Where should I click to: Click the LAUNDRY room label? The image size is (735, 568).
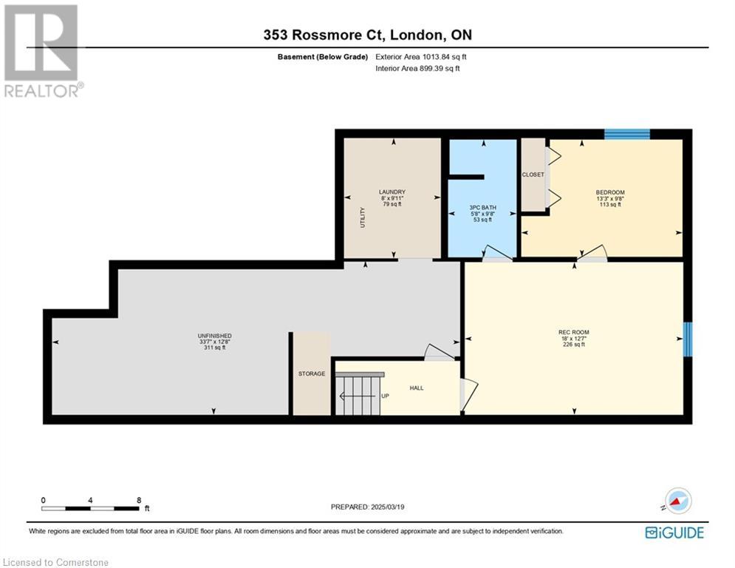pos(392,192)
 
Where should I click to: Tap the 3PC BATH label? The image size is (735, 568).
pos(483,208)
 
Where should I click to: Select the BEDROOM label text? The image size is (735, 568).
pos(610,192)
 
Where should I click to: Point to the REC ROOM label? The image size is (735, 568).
pos(574,332)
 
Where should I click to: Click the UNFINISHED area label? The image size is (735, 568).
pos(215,336)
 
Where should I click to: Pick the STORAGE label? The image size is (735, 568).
pos(312,373)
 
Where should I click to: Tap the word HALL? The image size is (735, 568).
pos(417,388)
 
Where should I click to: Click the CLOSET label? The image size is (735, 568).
pos(533,175)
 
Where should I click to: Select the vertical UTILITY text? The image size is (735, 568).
pos(363,217)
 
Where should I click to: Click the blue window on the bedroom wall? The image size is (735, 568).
pos(627,135)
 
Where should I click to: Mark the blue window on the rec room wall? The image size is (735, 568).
pos(688,339)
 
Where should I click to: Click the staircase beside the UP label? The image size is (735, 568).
pos(359,393)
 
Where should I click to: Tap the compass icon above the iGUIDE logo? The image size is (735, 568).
pos(678,501)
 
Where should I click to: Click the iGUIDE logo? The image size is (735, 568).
pos(674,532)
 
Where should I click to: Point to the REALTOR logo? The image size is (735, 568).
pos(43,51)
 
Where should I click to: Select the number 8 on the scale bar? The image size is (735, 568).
pos(139,501)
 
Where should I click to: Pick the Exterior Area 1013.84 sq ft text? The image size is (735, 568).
pos(421,57)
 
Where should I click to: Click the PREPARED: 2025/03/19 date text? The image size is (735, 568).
pos(368,507)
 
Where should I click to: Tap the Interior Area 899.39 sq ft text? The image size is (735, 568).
pos(417,69)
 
